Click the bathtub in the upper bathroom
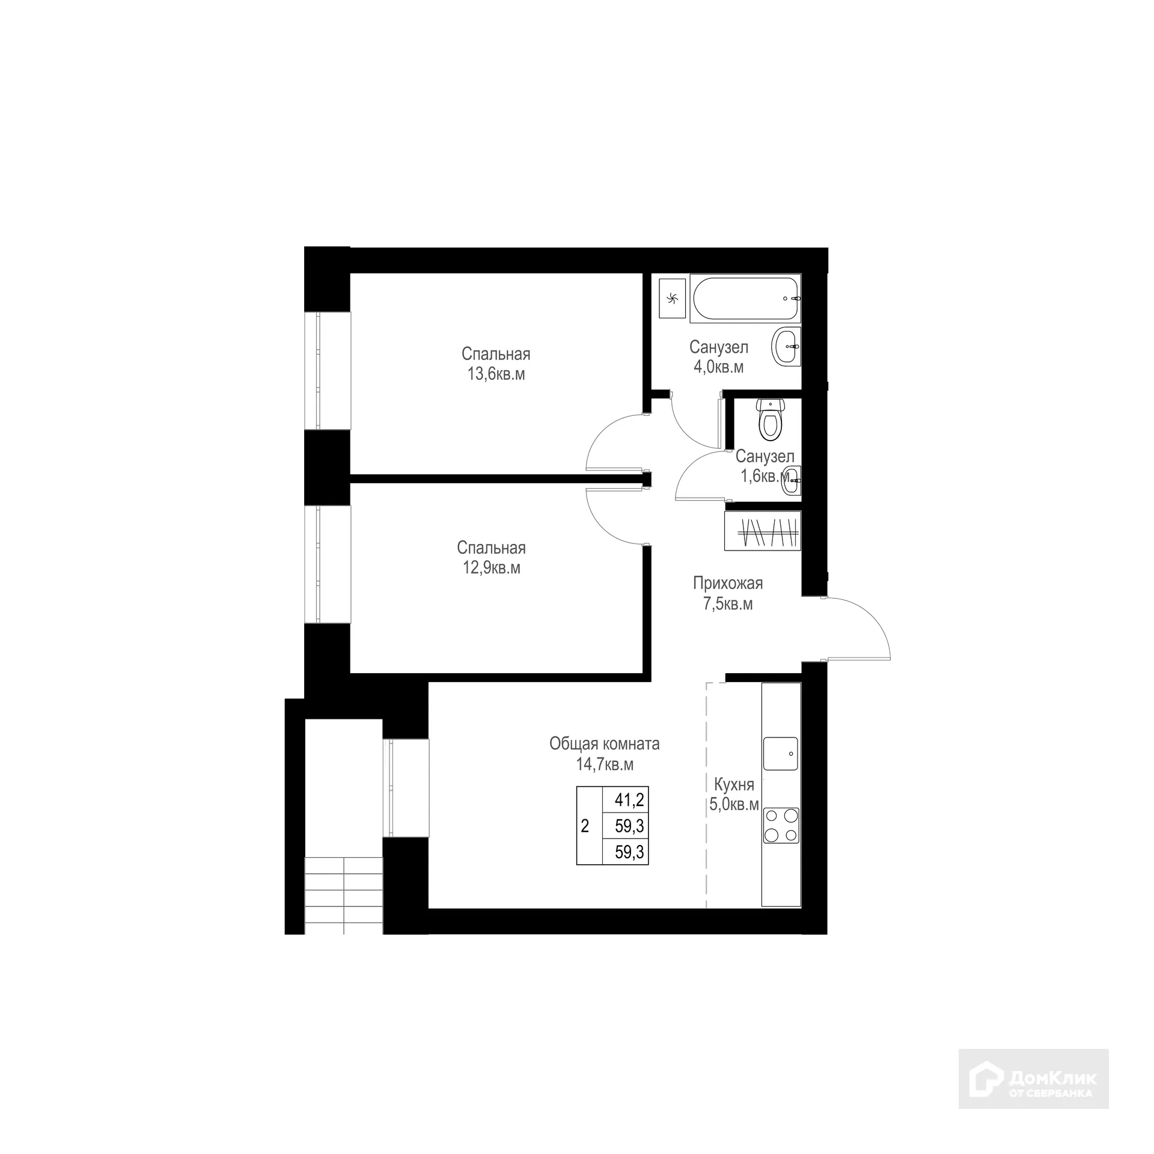coord(745,299)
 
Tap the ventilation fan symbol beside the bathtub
coord(672,298)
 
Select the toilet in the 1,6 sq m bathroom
coord(770,419)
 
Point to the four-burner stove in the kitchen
coord(781,825)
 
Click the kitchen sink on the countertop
coord(781,754)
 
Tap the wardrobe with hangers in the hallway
coord(763,531)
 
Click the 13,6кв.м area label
coord(496,374)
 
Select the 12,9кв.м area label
coord(491,568)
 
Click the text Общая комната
coord(604,744)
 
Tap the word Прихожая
coord(727,583)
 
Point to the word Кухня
coord(733,784)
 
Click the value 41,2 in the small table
coord(629,800)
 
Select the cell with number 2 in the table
coord(585,826)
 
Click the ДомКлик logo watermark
coord(1033,1078)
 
